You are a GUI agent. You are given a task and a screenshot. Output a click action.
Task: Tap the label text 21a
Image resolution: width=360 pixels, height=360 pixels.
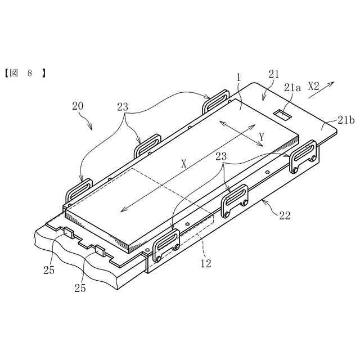coord(292,87)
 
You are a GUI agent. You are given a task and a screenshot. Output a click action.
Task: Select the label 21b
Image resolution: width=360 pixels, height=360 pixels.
coord(346,119)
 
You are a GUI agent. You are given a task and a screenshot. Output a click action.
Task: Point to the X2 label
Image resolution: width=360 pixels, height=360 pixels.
coord(314,86)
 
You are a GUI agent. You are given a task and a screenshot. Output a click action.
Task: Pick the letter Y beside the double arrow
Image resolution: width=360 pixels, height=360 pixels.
coord(262,137)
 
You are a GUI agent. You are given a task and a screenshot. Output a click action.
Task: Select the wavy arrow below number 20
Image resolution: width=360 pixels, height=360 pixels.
coord(88,120)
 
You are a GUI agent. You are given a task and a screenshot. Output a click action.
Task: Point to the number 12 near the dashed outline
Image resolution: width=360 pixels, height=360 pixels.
coord(206,263)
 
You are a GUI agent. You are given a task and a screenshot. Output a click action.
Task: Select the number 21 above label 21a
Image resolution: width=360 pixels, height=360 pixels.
coord(274,74)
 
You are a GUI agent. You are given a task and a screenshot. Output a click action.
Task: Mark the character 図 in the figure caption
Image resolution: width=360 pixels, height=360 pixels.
coord(15,73)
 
